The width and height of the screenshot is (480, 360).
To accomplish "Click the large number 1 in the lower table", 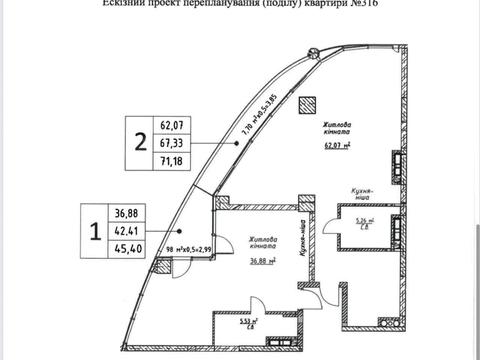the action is pyautogui.click(x=95, y=232).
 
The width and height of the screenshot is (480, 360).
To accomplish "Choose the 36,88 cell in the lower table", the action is pyautogui.click(x=127, y=213).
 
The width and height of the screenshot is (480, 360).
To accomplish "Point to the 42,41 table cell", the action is pyautogui.click(x=127, y=231).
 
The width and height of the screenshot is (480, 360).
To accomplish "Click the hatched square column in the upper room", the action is pyautogui.click(x=309, y=102).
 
